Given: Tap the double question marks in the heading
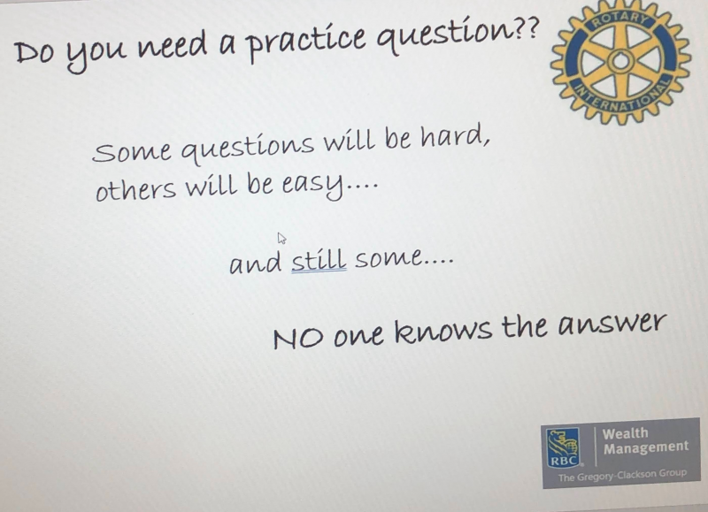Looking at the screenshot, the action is click(x=527, y=29).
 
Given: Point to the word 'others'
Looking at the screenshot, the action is click(x=135, y=188).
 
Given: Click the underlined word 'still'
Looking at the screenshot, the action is click(x=319, y=259).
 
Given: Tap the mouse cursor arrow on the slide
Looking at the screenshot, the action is click(x=281, y=238).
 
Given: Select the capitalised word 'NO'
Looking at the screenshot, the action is click(x=298, y=339).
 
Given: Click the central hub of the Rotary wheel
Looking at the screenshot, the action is click(x=620, y=61).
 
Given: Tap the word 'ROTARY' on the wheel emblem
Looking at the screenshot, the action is click(x=620, y=19).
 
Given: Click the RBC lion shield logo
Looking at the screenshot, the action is click(x=563, y=447).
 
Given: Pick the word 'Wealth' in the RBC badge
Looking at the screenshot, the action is click(x=626, y=433).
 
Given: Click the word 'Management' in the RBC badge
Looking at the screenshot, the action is click(x=646, y=448).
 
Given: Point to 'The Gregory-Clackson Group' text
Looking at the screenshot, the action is click(x=622, y=476).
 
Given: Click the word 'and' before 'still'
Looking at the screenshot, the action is click(x=255, y=263).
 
